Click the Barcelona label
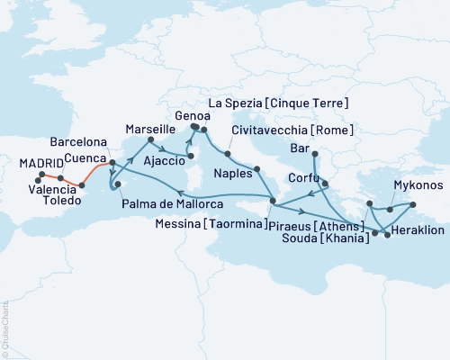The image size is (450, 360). [78, 142]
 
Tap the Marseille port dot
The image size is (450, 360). [148, 140]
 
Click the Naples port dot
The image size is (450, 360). [257, 168]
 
